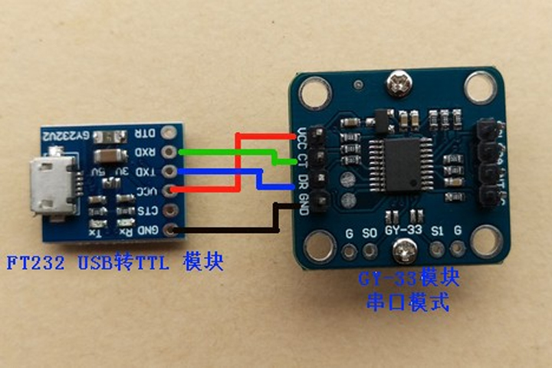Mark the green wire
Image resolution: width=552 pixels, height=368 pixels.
coord(230,153)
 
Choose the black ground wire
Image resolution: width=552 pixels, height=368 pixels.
coord(230,228)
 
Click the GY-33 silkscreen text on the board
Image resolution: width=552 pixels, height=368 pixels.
coord(403,229)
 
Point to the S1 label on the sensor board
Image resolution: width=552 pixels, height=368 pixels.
coord(439,230)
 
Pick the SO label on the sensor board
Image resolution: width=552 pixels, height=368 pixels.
coord(370,231)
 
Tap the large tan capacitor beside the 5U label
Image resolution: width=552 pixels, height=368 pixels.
coord(107,157)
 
